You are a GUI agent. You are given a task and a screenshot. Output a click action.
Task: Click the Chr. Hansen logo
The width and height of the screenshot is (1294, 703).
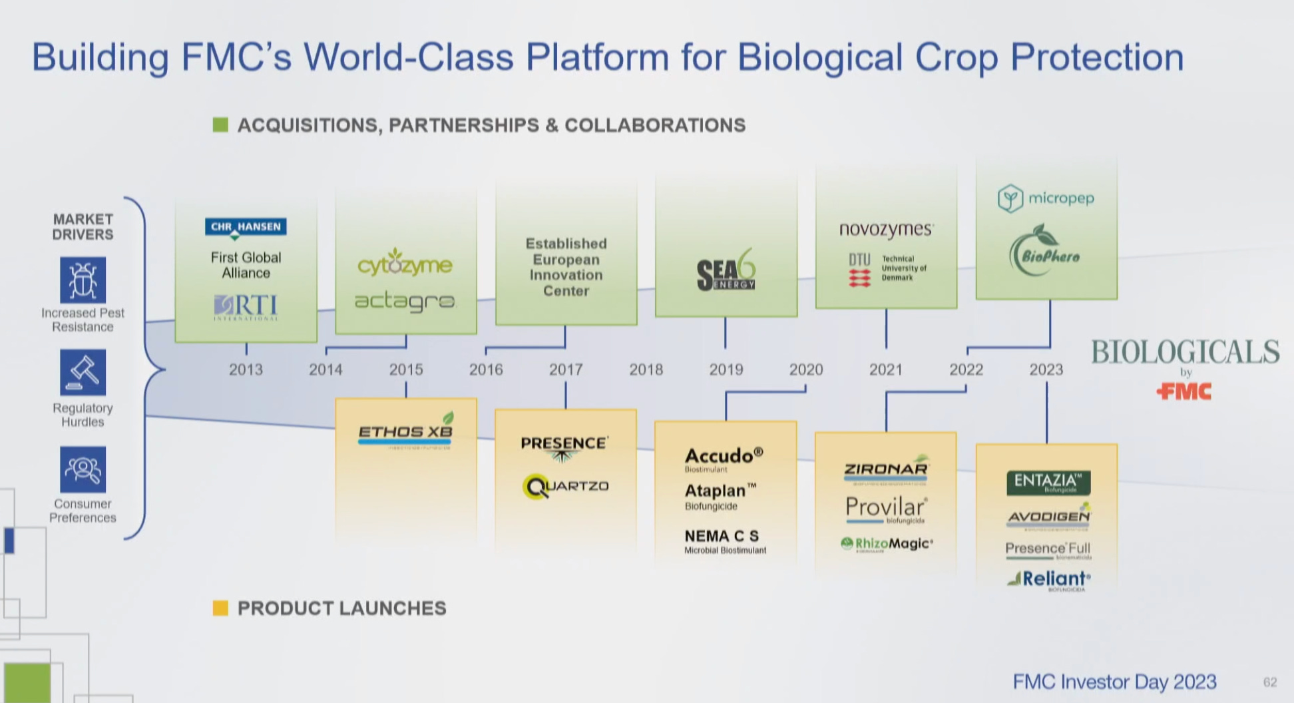tap(246, 228)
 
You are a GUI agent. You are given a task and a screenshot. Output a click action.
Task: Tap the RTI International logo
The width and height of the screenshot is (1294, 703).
tap(246, 307)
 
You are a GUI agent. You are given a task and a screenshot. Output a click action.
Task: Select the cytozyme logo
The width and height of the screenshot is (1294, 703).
tap(405, 263)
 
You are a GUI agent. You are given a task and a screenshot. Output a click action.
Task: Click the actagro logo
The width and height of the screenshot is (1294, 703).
tap(405, 302)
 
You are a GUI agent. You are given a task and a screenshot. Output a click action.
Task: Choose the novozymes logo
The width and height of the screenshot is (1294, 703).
tap(886, 229)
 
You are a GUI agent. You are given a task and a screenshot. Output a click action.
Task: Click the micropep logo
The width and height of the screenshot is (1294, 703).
tap(1046, 198)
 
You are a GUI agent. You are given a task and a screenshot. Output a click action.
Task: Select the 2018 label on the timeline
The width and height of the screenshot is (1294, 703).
tap(646, 369)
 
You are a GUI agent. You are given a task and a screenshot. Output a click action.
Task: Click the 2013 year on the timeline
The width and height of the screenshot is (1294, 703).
tap(246, 369)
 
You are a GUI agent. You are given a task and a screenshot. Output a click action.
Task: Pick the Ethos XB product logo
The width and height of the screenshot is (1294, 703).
tap(405, 431)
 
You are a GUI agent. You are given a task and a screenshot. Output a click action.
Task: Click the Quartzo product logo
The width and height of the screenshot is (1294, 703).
tap(566, 486)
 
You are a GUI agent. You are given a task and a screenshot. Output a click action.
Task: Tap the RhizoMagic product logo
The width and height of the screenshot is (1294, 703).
tap(887, 544)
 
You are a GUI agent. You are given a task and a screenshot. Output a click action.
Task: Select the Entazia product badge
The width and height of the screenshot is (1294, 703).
tap(1048, 482)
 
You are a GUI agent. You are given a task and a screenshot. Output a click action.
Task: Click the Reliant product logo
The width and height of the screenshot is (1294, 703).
tap(1050, 579)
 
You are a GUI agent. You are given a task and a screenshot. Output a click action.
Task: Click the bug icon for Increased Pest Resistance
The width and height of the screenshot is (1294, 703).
tap(83, 280)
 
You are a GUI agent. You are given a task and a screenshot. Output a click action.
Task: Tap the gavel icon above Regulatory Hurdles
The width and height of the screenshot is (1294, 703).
tap(83, 373)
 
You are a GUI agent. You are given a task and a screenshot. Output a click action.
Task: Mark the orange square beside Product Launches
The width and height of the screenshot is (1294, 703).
tap(220, 608)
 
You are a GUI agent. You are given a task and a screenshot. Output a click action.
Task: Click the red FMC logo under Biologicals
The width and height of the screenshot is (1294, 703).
tap(1184, 391)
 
